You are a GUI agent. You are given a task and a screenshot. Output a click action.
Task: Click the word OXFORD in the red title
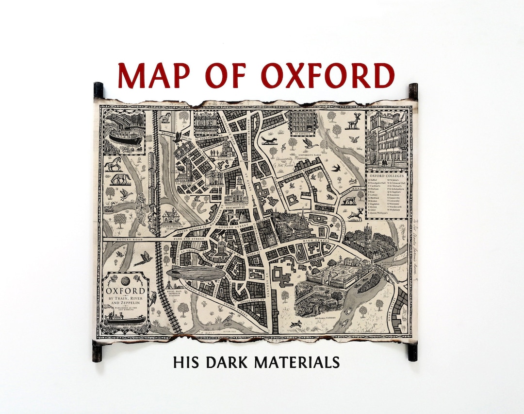point(327,75)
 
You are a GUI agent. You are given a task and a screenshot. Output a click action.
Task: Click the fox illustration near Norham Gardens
point(268,140)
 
